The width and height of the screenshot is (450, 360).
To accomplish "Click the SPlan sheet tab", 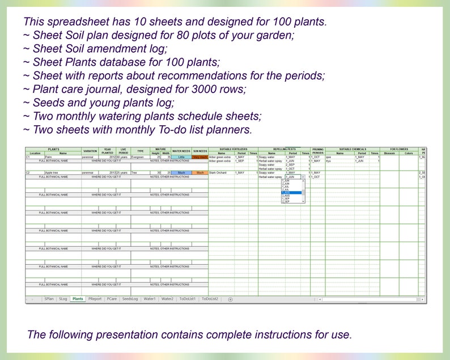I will [49, 298].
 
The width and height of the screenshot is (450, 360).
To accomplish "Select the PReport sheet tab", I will [95, 298].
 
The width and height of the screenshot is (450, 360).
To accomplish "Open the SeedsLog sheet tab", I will [130, 298].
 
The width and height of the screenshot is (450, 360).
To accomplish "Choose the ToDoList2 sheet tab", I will [210, 298].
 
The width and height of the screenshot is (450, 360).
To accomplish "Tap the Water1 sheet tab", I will [150, 298].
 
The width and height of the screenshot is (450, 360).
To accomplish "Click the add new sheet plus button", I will [230, 299].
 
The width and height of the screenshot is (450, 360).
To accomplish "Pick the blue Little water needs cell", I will [181, 157].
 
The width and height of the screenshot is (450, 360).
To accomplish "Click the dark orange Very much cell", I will [200, 157].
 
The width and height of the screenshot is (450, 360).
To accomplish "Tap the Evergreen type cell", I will [139, 157].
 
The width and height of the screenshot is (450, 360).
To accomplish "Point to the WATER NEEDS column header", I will [181, 151].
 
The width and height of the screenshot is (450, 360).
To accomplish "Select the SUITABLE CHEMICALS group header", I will [352, 149].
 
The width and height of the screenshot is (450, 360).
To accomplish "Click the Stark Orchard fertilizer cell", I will [220, 172].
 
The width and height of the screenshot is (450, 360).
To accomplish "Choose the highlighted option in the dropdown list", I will [292, 193].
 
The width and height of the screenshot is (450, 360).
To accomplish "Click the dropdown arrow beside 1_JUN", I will [303, 177].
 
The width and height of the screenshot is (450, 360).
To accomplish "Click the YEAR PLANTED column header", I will [107, 151].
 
